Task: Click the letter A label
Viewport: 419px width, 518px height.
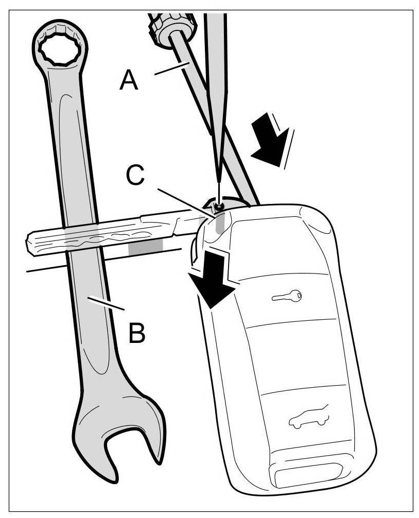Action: [x=129, y=81]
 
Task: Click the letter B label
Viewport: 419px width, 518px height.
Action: [x=136, y=333]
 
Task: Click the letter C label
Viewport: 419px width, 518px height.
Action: [x=136, y=176]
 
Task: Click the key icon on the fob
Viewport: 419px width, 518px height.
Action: [x=286, y=296]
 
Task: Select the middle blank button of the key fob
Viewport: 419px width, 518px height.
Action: [x=293, y=355]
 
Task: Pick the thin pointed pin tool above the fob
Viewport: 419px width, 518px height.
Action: [x=216, y=103]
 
